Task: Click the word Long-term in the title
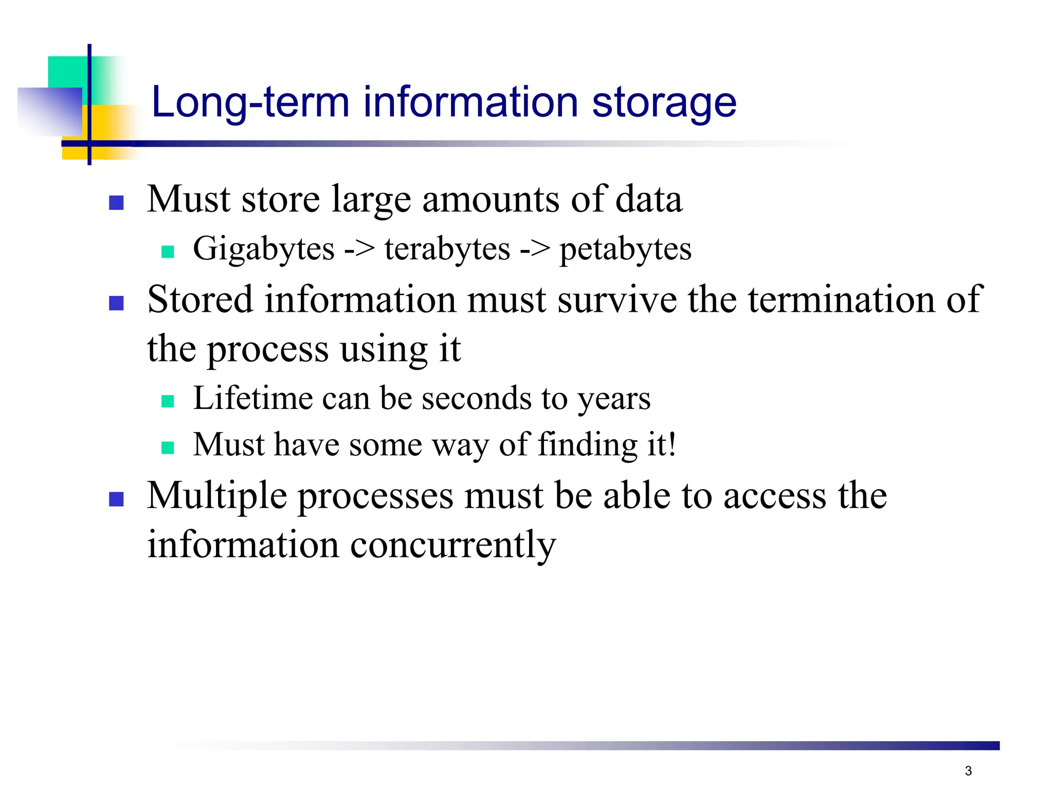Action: point(250,102)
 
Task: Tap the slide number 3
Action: point(968,771)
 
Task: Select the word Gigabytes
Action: point(263,250)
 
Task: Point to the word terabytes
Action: point(447,250)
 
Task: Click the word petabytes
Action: point(625,250)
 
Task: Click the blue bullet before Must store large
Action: point(117,203)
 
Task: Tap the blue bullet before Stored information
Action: point(117,303)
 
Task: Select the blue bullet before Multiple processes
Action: point(117,499)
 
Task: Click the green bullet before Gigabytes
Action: point(168,252)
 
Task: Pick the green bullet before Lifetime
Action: point(168,401)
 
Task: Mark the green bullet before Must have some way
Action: point(168,447)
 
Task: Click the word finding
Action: point(588,445)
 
